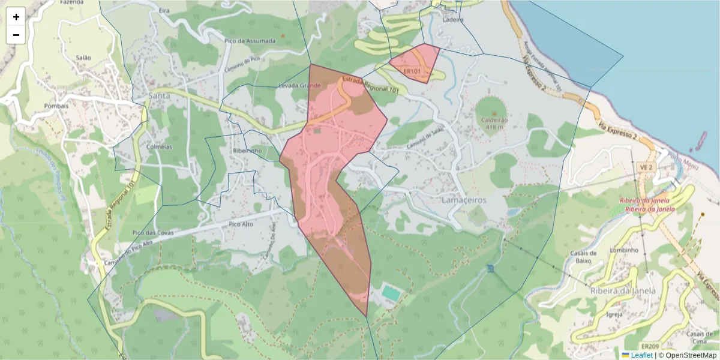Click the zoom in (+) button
[16, 17]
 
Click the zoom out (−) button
[16, 35]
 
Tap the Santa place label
[159, 95]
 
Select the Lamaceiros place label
[464, 199]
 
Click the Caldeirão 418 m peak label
[494, 123]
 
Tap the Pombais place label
[56, 106]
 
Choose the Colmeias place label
[159, 146]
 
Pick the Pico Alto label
[242, 224]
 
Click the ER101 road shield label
[412, 71]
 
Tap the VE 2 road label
[646, 167]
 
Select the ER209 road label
[650, 347]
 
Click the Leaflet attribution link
[641, 355]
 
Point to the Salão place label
[83, 58]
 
